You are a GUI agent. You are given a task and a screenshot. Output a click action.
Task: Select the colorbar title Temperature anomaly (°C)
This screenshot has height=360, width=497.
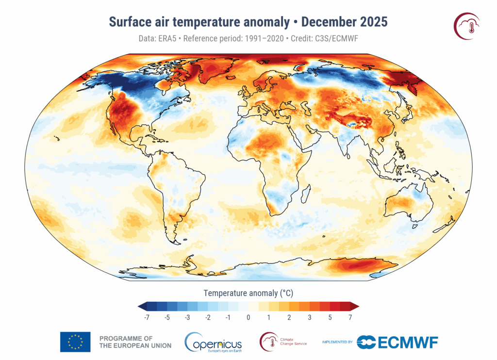pos(248,293)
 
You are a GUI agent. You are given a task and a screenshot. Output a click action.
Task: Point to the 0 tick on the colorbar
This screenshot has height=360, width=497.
pos(248,317)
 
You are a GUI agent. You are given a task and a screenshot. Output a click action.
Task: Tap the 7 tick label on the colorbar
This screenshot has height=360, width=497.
pos(349,317)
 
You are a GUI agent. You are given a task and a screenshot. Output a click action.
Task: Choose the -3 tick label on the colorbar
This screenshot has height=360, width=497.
pos(188,317)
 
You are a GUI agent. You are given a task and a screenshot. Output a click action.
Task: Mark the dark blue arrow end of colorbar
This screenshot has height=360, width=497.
pos(142,306)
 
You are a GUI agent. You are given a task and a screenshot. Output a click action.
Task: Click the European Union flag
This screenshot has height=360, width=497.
pos(75,342)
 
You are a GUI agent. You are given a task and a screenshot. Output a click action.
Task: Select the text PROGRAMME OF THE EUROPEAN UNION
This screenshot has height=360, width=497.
pos(134,342)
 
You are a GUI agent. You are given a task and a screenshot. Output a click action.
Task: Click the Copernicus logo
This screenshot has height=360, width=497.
pos(214,342)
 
